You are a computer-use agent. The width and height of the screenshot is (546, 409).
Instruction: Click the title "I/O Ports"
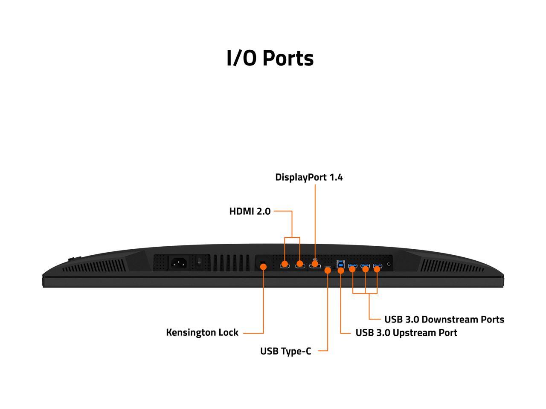pos(270,58)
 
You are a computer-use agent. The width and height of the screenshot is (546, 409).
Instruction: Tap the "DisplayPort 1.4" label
pos(309,177)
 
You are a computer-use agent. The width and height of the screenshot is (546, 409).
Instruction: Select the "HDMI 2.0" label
pos(250,211)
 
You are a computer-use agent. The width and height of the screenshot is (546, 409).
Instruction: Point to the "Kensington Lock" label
pos(202,332)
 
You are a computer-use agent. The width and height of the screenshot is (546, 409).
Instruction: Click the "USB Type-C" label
pos(285,351)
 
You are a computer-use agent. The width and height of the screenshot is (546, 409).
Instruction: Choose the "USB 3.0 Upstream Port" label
pos(406,333)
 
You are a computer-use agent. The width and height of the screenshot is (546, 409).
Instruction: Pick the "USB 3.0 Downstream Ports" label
pos(444,320)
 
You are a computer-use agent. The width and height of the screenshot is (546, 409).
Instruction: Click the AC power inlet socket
pos(179,263)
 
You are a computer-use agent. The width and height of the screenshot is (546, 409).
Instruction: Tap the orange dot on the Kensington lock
pos(263,267)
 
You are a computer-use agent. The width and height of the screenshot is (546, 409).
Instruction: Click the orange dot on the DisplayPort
pos(315,264)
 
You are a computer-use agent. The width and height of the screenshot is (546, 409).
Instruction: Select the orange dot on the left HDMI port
pos(285,264)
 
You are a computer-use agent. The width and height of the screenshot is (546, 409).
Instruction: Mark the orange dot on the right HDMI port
pos(300,264)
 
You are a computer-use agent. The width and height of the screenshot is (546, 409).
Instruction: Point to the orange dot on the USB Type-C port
pos(328,271)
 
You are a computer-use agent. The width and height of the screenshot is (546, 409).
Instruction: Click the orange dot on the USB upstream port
pos(341,271)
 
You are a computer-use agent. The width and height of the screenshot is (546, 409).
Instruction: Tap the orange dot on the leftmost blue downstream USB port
pos(353,269)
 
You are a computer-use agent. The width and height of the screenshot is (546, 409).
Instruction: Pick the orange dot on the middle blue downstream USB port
pos(365,269)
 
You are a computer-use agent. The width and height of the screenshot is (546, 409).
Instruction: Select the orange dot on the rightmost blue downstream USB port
pos(377,269)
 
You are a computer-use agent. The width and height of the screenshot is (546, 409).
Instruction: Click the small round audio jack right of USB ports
pos(389,265)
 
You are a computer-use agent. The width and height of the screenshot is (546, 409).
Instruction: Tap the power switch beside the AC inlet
pos(199,262)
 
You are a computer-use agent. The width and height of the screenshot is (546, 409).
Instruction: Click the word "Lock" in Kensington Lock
pos(228,332)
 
